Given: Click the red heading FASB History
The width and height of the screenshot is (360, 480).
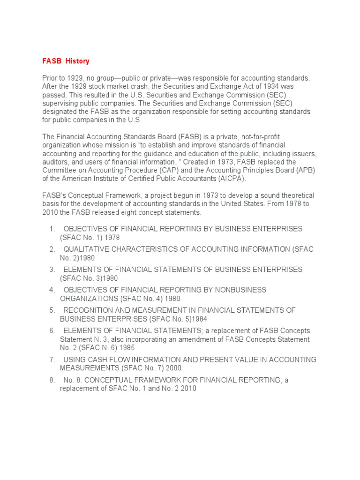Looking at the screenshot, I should [x=66, y=61].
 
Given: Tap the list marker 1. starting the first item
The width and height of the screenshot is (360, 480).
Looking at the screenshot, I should [x=52, y=229].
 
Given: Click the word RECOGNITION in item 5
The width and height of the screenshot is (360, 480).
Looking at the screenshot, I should [x=87, y=310].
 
